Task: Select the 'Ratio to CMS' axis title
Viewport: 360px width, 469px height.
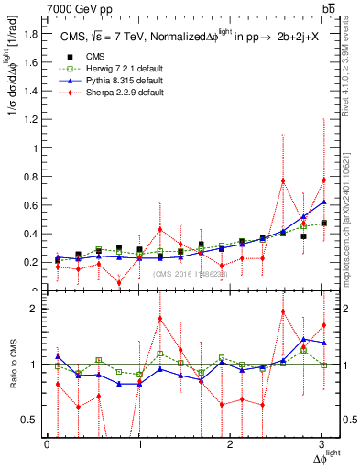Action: coord(14,366)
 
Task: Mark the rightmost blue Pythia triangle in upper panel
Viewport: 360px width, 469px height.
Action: coord(324,202)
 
